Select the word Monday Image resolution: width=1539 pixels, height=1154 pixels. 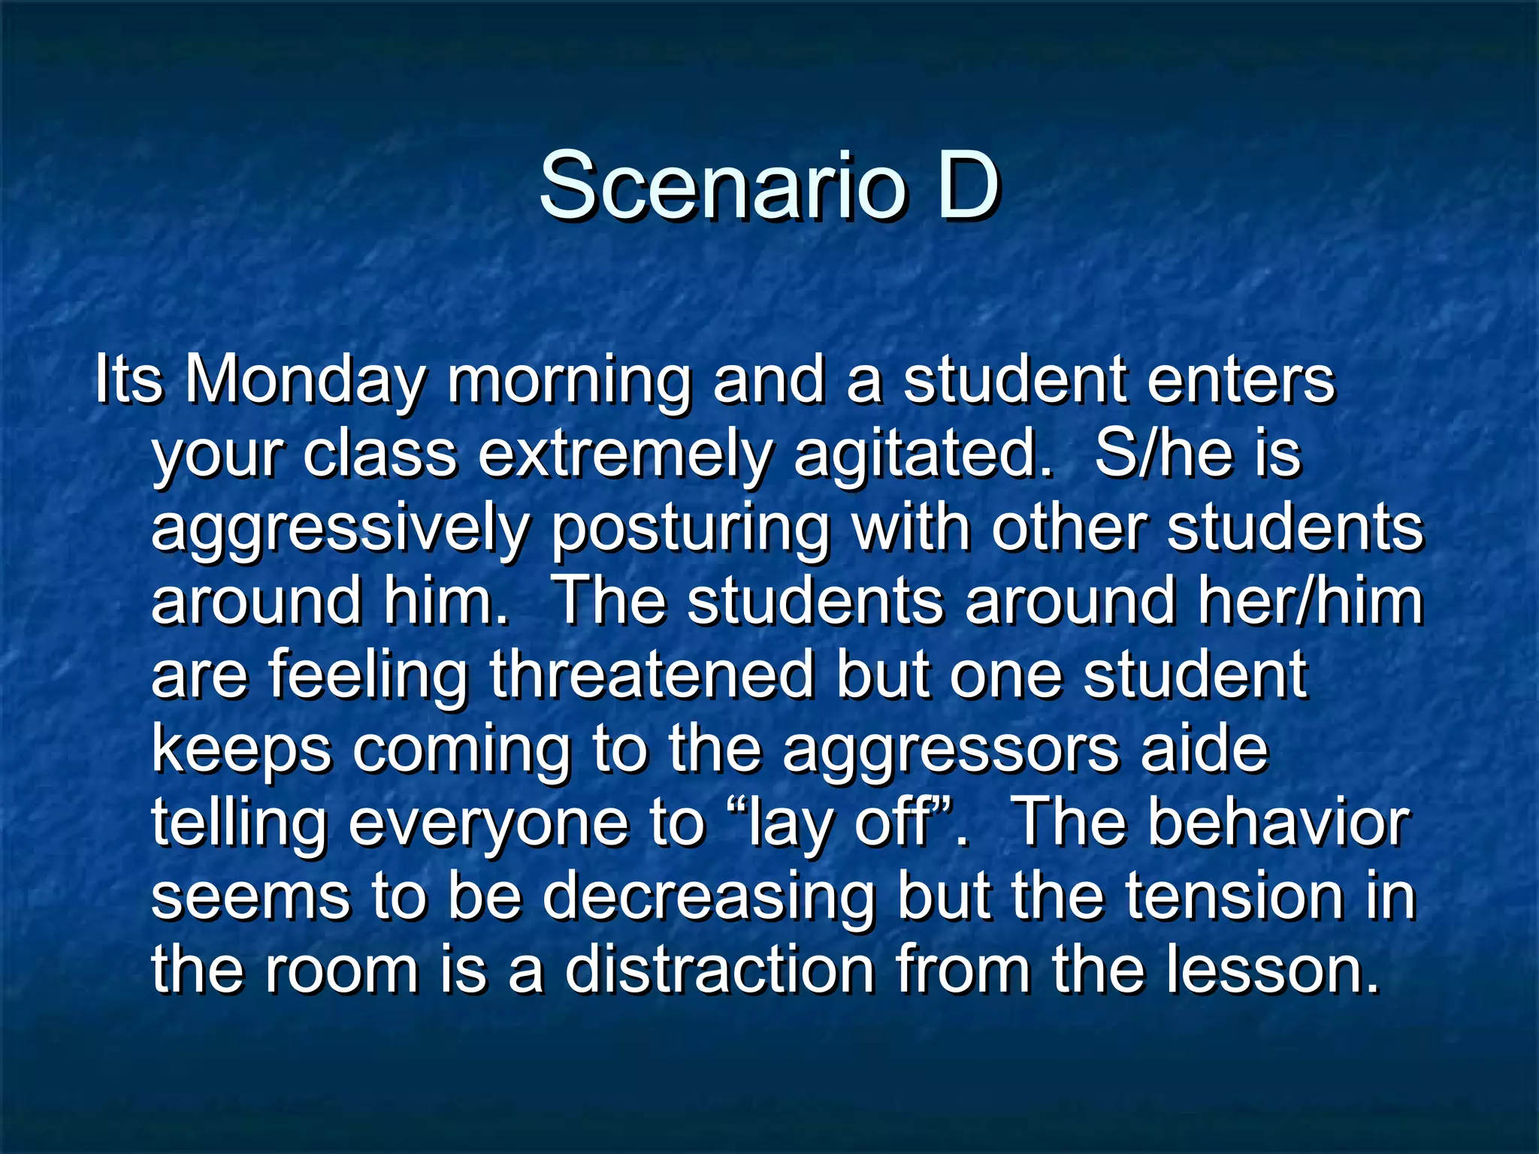coord(305,382)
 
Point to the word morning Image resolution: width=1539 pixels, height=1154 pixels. coord(569,382)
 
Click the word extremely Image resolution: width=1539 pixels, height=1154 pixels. coord(625,455)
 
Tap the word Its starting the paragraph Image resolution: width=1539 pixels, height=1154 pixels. coord(129,380)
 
